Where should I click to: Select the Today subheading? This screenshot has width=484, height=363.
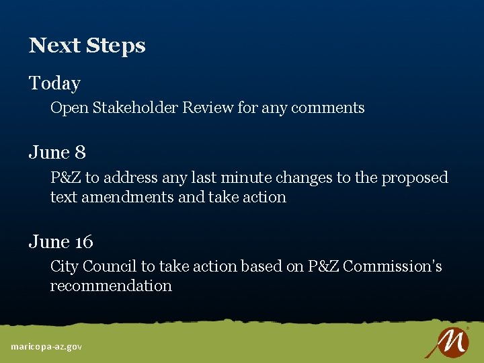(x=54, y=83)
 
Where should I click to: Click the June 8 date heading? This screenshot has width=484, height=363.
(x=57, y=153)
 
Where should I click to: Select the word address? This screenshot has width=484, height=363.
(x=130, y=177)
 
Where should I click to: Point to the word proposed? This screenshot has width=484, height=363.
(x=415, y=178)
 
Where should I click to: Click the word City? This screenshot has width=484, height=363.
(x=64, y=267)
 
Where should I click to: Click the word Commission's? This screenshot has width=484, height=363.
(x=392, y=266)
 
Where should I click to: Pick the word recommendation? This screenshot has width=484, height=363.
(x=111, y=286)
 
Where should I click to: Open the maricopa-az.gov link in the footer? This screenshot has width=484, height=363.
(x=46, y=347)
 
